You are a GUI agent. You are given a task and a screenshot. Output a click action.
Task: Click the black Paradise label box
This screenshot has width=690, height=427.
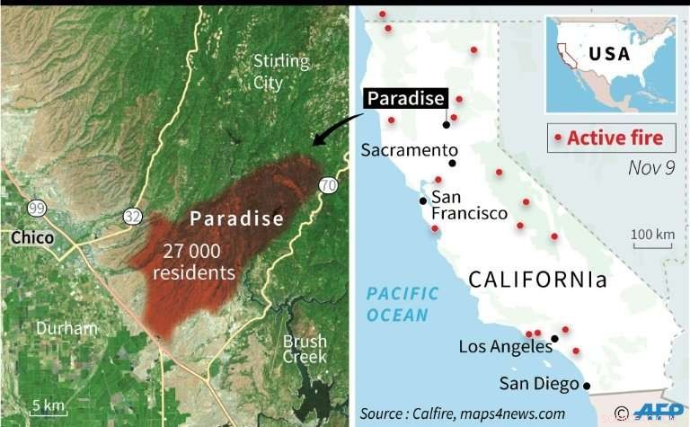coord(404,98)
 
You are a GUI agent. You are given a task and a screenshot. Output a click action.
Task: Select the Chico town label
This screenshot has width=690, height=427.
coord(31,238)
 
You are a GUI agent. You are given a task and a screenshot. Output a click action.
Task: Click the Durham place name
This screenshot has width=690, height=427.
coord(66,328)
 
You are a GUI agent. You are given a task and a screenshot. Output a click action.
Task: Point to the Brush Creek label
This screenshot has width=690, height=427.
coord(305,349)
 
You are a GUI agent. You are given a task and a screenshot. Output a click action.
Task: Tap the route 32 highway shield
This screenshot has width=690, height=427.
coord(133,217)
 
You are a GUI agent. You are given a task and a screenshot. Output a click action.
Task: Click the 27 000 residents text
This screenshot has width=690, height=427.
coord(193,262)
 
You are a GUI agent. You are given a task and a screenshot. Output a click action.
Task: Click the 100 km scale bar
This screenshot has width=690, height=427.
coord(652,239)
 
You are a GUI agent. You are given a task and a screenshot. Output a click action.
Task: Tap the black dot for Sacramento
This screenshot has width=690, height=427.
coord(453,164)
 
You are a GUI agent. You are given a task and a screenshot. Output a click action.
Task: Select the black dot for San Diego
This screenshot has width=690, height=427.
coord(587,386)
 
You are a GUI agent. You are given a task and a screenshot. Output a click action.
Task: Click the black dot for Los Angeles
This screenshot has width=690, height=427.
coord(555,339)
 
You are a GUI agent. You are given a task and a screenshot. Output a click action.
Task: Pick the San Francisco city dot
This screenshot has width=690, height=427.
coord(422,200)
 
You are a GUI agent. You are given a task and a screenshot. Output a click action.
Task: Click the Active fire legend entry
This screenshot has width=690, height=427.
coord(610,138)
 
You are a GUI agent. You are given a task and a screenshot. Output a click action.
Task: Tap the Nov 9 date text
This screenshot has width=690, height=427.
coord(651,168)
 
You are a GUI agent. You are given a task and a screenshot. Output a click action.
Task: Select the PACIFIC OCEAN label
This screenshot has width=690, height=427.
coord(402,303)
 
